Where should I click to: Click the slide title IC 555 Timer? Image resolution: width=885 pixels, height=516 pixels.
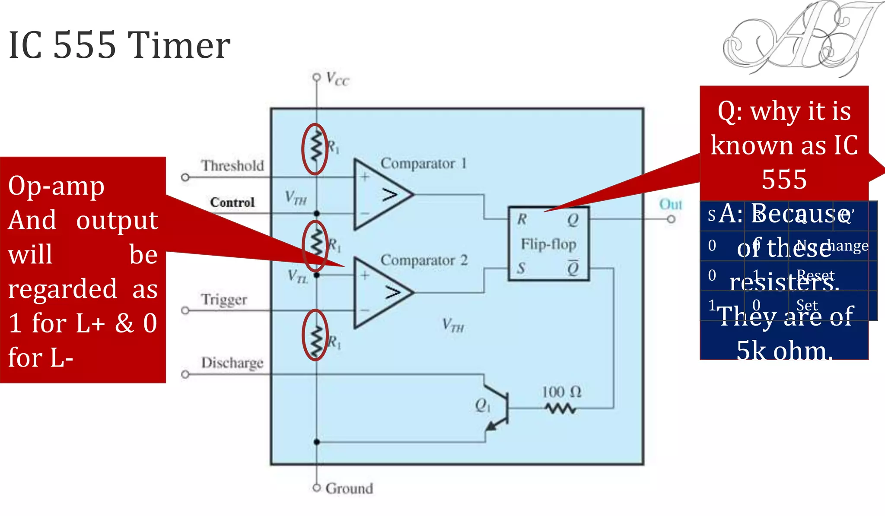(x=119, y=45)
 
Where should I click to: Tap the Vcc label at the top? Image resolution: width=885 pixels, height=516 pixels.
(x=337, y=79)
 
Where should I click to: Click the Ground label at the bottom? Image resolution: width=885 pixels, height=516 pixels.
(x=349, y=488)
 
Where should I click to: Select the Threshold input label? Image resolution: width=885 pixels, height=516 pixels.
(x=232, y=165)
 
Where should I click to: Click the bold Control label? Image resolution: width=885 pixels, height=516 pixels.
(x=232, y=202)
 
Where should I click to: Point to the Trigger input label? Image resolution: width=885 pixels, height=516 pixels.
(x=224, y=299)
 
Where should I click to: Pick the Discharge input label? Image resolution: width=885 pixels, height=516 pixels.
(x=232, y=362)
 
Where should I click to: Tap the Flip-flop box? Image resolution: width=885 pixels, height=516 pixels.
(x=548, y=244)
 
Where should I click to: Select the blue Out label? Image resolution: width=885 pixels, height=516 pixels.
(x=670, y=204)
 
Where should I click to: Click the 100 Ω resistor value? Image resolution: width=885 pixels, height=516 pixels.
(x=561, y=392)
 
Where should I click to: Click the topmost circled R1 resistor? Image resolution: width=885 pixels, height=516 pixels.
(x=315, y=149)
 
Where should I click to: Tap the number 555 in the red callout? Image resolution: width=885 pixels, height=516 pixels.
(x=784, y=179)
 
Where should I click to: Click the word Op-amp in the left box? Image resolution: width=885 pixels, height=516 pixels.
(x=56, y=186)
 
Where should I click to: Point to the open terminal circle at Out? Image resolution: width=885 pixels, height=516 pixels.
(x=671, y=219)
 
